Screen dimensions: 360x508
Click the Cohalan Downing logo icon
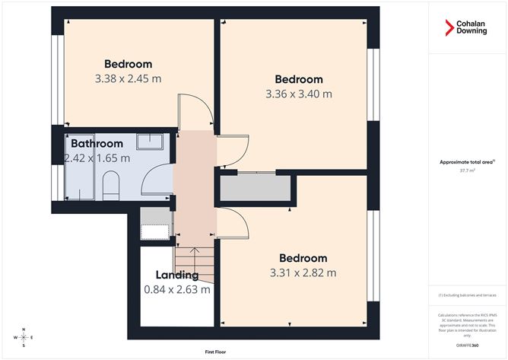[449, 29]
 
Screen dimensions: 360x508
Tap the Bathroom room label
[97, 143]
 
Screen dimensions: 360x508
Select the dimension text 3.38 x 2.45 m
[128, 78]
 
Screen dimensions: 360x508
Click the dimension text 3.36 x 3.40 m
[299, 94]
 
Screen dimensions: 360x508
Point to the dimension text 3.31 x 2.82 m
[303, 272]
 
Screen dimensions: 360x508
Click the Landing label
[177, 275]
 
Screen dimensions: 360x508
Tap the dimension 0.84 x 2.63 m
[177, 289]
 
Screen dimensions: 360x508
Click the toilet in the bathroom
[110, 184]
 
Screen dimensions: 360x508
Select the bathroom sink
[156, 141]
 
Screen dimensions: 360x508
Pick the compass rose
[24, 336]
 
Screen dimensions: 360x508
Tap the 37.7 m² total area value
[467, 170]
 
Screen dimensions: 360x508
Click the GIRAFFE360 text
[468, 344]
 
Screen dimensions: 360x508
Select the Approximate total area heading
[466, 161]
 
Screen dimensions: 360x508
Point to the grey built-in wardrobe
[256, 188]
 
